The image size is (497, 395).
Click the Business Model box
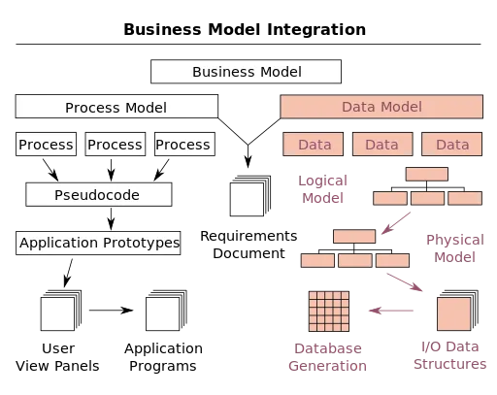[x=246, y=72]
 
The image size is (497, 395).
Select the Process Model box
[x=116, y=107]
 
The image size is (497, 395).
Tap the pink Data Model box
[x=381, y=107]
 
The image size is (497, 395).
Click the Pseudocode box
[x=99, y=194]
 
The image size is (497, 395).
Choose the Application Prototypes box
[x=98, y=243]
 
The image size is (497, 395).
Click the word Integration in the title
[x=316, y=29]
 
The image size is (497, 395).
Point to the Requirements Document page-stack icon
[x=250, y=196]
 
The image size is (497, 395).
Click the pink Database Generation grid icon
[x=329, y=312]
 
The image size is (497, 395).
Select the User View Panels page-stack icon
[x=61, y=311]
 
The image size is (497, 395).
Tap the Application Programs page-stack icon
[x=166, y=311]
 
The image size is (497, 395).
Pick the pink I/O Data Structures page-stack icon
[x=457, y=311]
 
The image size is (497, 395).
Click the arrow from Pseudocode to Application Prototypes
[x=111, y=218]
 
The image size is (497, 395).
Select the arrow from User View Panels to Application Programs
[x=111, y=311]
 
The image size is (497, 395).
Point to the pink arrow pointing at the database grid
[x=391, y=311]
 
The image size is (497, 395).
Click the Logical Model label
[x=322, y=189]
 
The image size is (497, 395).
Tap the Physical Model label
[x=455, y=248]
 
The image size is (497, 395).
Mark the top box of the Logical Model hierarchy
[x=427, y=174]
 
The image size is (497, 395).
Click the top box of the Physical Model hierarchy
[x=354, y=236]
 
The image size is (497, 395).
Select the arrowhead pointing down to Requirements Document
[x=248, y=162]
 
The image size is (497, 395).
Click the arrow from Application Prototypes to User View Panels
[x=68, y=273]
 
